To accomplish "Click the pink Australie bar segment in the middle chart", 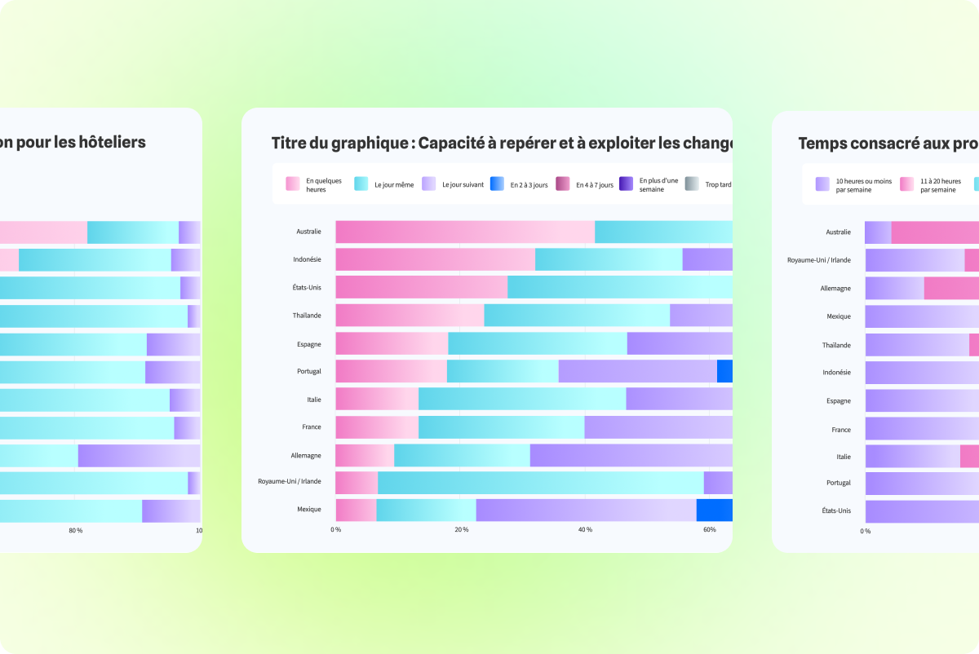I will click(x=465, y=232).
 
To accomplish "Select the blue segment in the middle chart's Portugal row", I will click(x=724, y=371).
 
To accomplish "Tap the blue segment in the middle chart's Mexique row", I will click(x=715, y=510).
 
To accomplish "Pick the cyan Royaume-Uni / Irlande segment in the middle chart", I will click(x=540, y=483).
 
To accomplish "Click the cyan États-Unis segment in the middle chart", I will click(x=619, y=287).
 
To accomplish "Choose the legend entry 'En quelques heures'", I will click(x=314, y=184).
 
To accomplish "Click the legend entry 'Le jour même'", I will click(x=384, y=184).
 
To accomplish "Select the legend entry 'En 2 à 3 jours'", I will click(x=520, y=184).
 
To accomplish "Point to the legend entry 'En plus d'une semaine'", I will click(x=649, y=184).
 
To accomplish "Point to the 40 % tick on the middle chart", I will click(x=585, y=530).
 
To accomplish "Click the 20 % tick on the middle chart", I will click(x=461, y=530).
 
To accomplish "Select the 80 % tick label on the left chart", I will click(x=75, y=531).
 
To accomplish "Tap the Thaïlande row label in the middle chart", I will click(x=307, y=316).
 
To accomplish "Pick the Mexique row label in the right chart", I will click(x=838, y=316).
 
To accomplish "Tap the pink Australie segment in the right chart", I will click(x=935, y=232).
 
